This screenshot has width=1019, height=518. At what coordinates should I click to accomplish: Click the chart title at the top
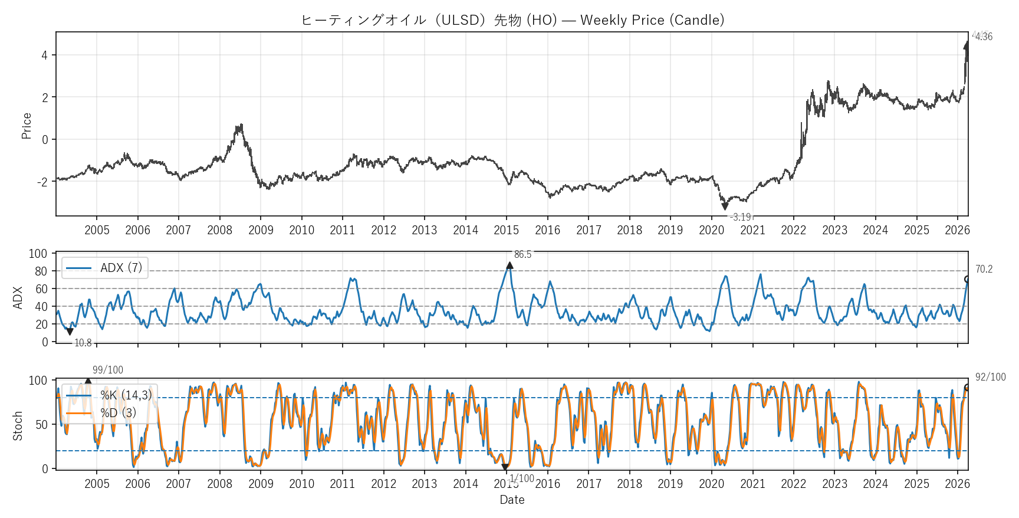512,20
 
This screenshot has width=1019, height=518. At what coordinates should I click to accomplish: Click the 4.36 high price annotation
984,37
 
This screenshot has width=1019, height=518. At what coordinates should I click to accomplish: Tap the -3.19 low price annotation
741,217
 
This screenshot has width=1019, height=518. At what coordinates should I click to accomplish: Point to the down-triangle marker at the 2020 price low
725,206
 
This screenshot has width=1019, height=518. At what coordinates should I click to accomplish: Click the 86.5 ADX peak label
522,255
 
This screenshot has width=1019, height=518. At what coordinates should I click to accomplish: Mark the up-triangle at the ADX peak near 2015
509,265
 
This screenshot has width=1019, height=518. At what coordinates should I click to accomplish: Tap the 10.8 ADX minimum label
83,343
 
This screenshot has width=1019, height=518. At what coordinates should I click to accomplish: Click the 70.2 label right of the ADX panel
984,270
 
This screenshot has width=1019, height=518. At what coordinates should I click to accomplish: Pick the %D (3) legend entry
118,413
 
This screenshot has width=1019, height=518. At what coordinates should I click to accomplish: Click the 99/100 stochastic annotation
108,370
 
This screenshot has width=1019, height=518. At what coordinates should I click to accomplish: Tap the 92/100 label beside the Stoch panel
990,377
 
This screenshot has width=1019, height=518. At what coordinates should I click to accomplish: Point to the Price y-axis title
27,126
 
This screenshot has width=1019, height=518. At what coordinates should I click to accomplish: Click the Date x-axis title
512,500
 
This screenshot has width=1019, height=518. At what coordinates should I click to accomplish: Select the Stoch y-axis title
18,426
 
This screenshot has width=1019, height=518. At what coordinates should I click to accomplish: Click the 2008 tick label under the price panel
219,230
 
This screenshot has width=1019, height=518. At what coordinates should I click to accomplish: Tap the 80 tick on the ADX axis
41,271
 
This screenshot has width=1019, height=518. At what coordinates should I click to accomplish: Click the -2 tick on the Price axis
42,182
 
